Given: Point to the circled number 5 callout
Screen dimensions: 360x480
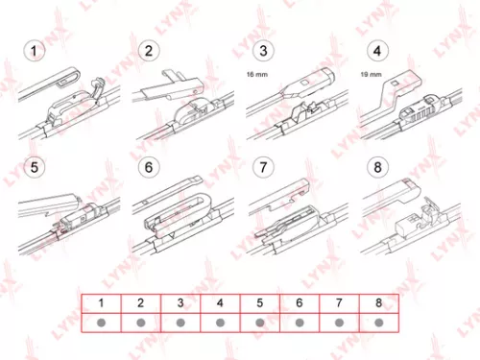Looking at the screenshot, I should [36, 167].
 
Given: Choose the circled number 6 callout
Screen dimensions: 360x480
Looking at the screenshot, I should [150, 167].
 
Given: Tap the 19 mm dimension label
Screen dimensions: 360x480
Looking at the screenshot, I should [370, 73].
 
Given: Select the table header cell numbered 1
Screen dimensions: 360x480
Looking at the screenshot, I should [100, 303].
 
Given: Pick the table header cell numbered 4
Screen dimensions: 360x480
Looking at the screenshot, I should [220, 303].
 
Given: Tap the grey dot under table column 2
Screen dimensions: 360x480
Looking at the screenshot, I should [140, 322].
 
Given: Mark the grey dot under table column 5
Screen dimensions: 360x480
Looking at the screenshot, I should [260, 322].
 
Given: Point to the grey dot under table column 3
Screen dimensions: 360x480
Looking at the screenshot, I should [180, 322].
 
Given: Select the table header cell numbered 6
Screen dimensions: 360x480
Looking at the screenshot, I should [300, 303].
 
